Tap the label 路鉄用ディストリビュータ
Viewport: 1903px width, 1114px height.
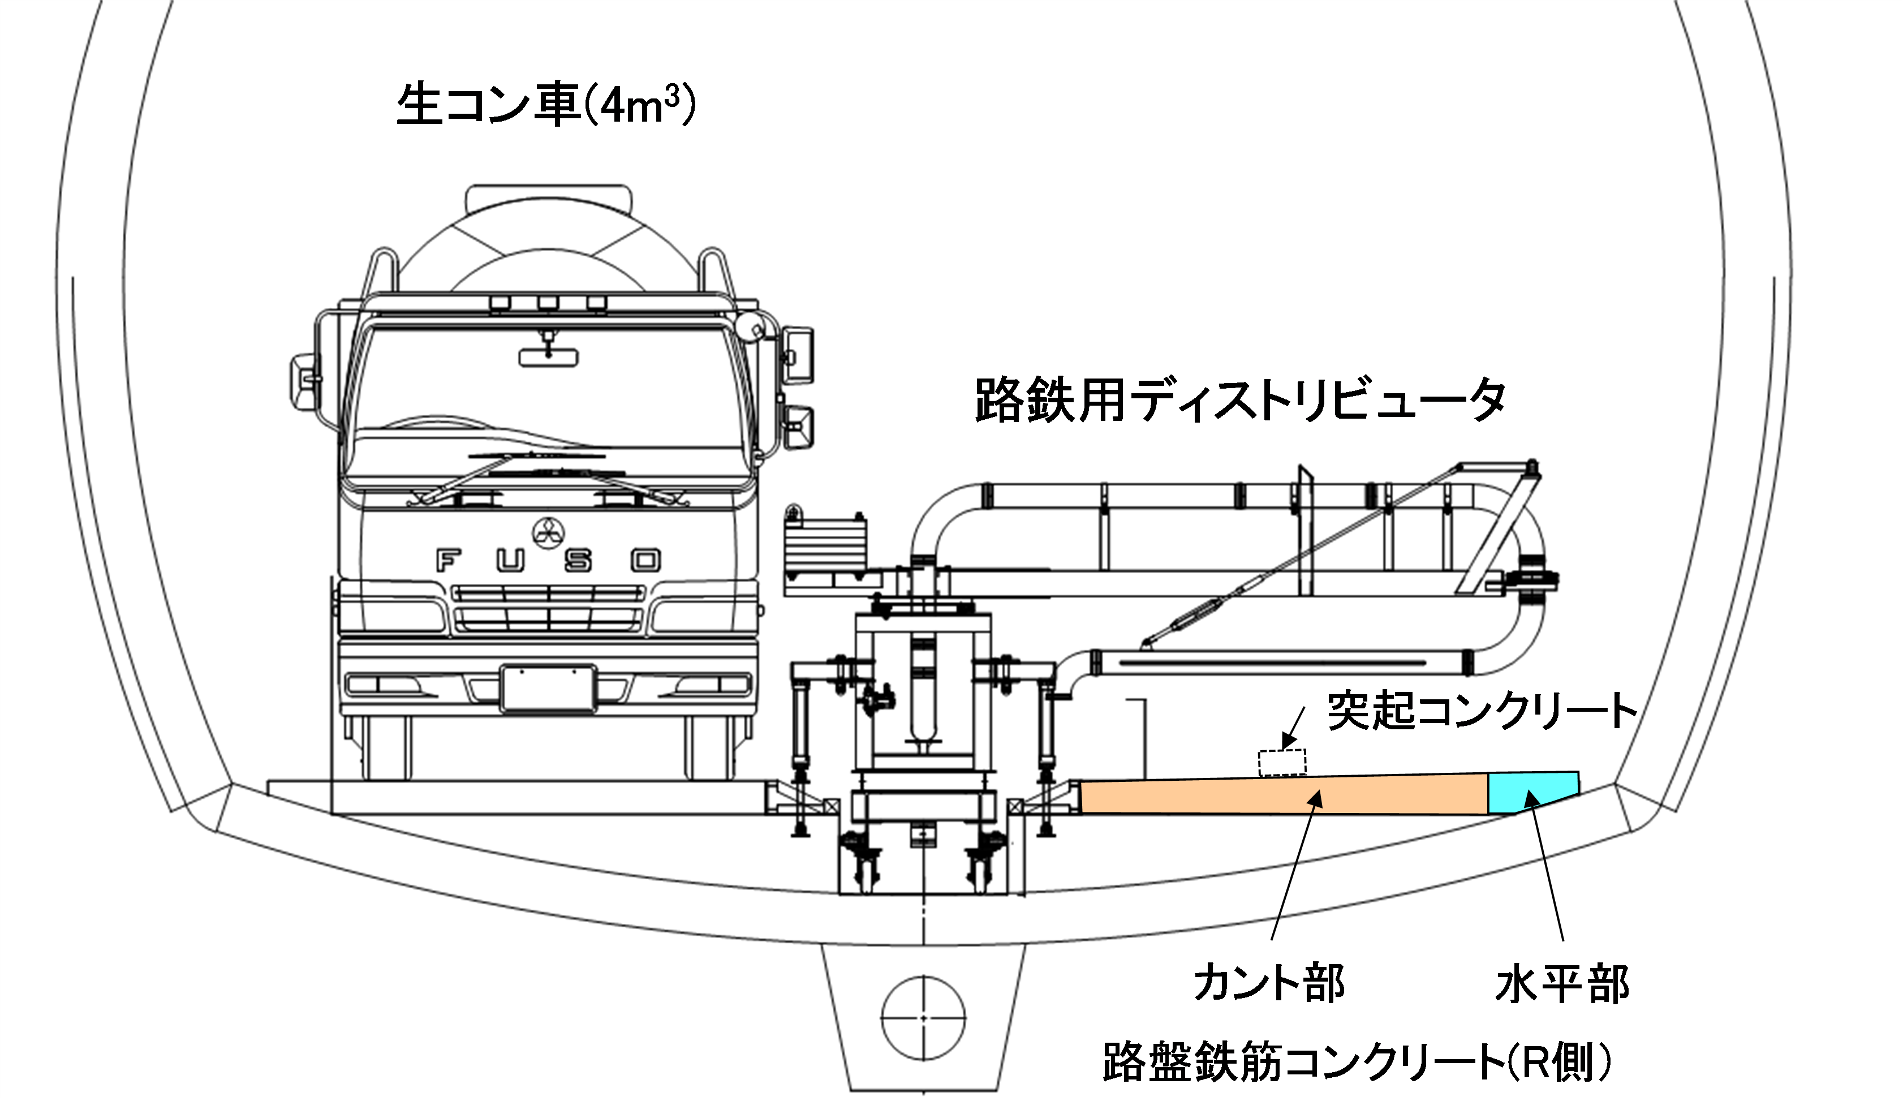tap(1238, 401)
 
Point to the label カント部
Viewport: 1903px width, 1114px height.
tap(1269, 983)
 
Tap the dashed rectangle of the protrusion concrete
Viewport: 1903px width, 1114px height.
tap(1281, 763)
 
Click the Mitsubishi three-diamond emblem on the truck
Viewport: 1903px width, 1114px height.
tap(548, 533)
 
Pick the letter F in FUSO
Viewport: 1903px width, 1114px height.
tap(449, 561)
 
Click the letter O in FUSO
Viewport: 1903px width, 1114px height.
tap(645, 561)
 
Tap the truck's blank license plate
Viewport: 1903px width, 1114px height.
tap(548, 688)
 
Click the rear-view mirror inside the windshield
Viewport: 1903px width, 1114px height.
tap(548, 356)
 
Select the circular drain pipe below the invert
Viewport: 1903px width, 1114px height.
tap(923, 1018)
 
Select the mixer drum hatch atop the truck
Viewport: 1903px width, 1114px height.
tap(548, 201)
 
